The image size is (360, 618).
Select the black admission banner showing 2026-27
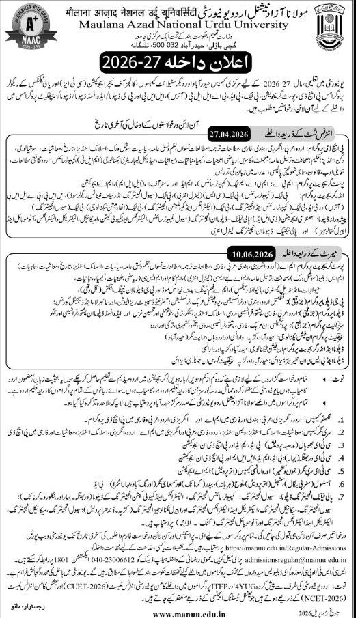pyautogui.click(x=180, y=66)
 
